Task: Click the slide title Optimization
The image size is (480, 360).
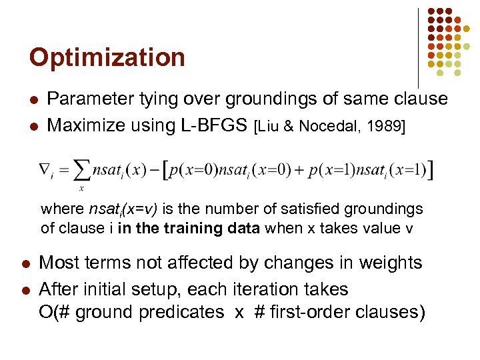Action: click(x=107, y=57)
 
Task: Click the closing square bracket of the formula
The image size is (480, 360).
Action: click(x=432, y=171)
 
